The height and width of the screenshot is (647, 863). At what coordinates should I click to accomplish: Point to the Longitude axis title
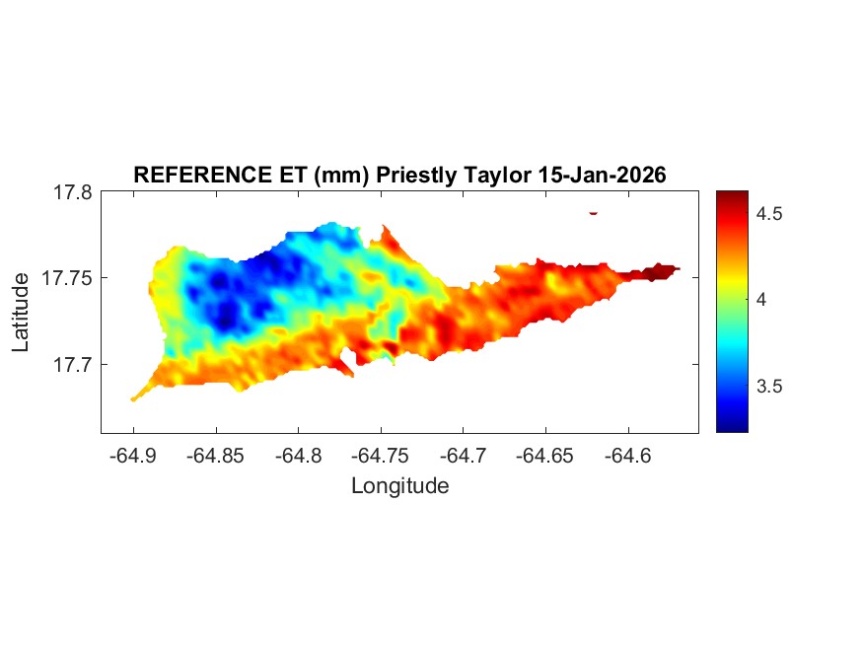(400, 486)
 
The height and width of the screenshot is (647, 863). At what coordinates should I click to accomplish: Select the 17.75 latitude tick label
(67, 279)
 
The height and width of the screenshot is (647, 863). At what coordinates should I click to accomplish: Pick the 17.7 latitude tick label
(72, 365)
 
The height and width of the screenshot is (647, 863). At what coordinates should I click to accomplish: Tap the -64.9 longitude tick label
(133, 456)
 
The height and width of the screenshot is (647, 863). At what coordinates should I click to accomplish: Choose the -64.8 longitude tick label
(298, 456)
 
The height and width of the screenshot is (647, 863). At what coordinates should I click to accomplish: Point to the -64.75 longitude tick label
(380, 456)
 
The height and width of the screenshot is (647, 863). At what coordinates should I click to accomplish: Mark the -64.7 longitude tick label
(463, 456)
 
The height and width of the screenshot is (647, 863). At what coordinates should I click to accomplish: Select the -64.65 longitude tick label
(544, 456)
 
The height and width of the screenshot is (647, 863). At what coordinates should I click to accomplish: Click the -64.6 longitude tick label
(627, 456)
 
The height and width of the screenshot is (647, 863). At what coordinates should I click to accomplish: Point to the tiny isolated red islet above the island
(594, 212)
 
